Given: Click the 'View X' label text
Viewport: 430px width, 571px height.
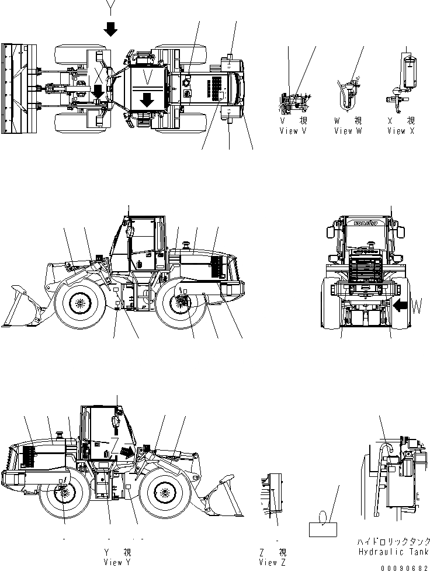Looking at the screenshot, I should pos(401,131).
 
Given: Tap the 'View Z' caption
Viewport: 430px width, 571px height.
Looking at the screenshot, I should pos(273,562).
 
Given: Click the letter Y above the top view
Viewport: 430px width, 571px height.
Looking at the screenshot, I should pos(110,8).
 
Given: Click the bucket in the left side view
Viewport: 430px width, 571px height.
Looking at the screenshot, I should pos(22,307).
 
